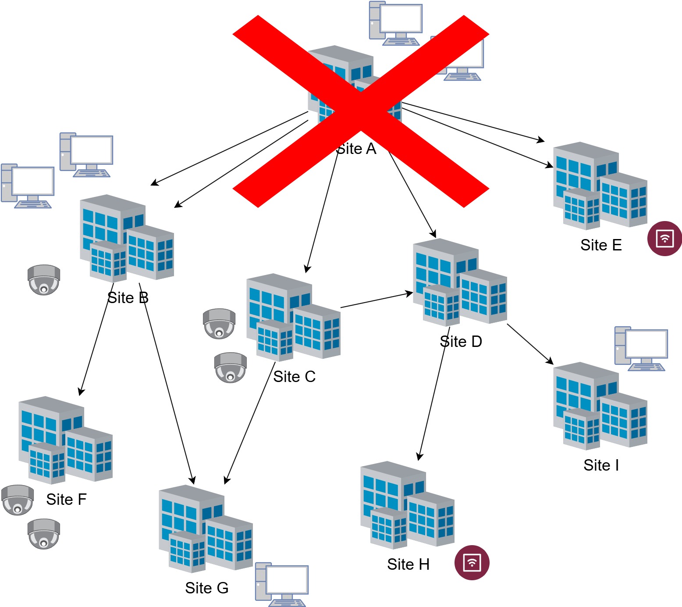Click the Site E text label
coord(601,245)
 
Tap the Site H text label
coord(408,564)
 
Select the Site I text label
coord(601,465)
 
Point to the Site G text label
coord(206,588)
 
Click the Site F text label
coord(66,500)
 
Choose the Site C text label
coord(294,377)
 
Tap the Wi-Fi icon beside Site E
coord(664,239)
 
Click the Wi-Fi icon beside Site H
coord(472,563)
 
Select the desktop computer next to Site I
coord(641,349)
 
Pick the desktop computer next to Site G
coord(282,584)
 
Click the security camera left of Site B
coord(44,280)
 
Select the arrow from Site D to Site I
coord(530,344)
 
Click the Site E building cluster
coord(600,186)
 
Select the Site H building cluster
coord(407,505)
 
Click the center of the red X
coord(361,111)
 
